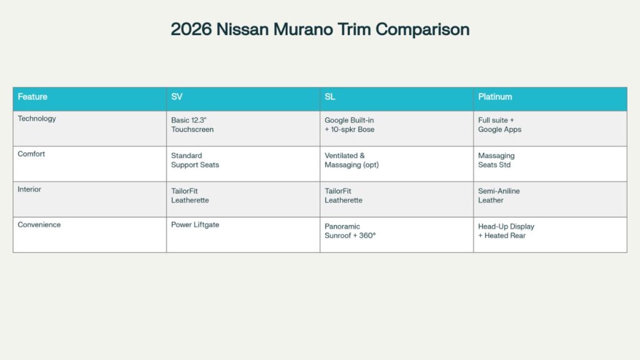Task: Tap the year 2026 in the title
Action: click(191, 29)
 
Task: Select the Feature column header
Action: click(32, 97)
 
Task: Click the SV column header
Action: click(177, 97)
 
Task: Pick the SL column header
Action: click(330, 97)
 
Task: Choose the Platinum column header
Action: click(495, 97)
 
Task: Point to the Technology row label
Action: click(37, 119)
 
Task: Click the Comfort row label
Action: click(31, 154)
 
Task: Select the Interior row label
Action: click(29, 189)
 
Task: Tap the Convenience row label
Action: click(39, 225)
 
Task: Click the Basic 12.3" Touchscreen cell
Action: click(193, 124)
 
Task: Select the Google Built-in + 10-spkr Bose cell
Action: click(349, 124)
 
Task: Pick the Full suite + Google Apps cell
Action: click(500, 124)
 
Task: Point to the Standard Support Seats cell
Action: click(195, 160)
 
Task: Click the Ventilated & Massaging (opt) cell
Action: click(352, 160)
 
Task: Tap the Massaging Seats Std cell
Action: click(497, 160)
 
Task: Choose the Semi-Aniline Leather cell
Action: click(499, 196)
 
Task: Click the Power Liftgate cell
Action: click(195, 225)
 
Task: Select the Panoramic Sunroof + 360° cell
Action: click(350, 231)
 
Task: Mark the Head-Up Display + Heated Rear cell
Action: click(506, 231)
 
